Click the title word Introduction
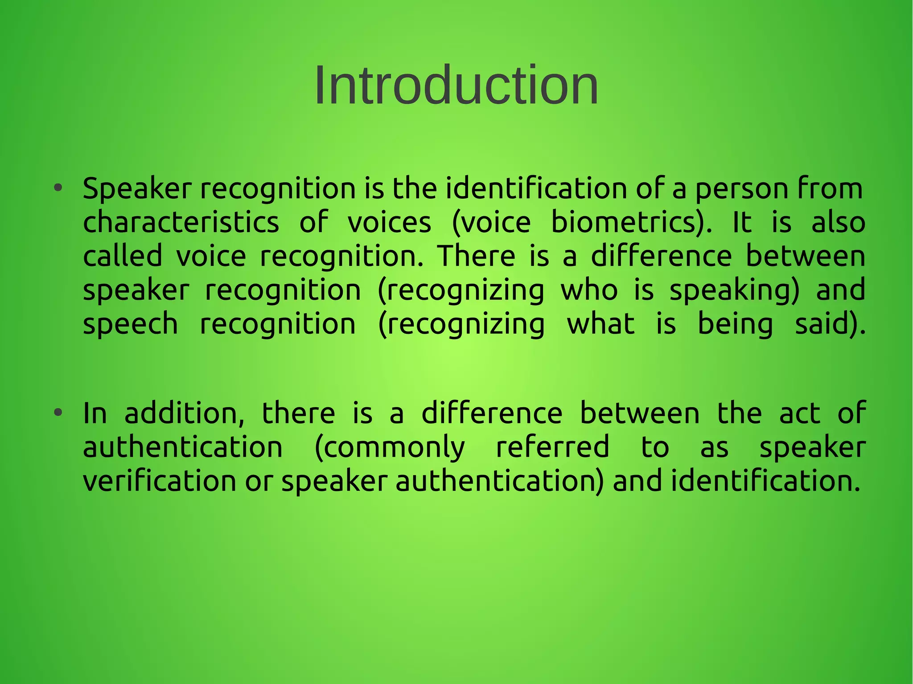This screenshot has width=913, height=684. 456,85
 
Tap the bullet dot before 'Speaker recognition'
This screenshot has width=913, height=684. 58,188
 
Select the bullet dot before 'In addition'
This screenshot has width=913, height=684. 58,413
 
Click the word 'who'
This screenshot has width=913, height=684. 589,290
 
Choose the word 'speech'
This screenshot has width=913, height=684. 131,324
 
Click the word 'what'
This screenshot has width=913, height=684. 600,324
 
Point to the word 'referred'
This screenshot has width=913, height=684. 552,447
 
